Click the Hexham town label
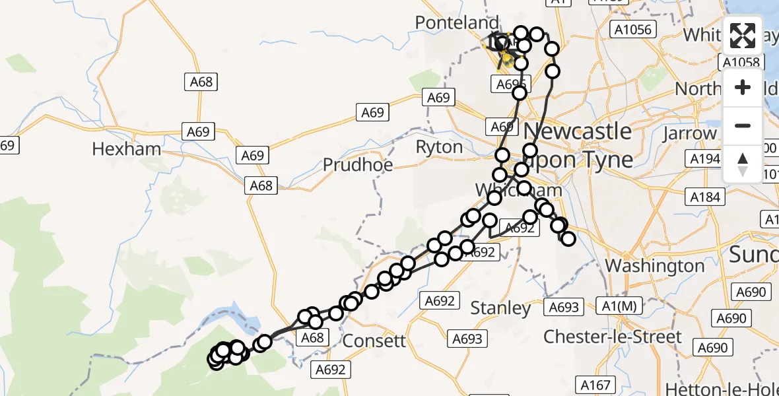[126, 149]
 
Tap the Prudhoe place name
[358, 164]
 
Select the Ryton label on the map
[439, 147]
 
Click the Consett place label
[376, 341]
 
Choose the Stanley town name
[500, 308]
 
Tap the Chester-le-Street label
[612, 337]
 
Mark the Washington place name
[655, 266]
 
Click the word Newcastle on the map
[578, 131]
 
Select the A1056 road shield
[632, 30]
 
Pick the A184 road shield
[705, 197]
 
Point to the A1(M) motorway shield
[619, 306]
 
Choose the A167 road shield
[596, 385]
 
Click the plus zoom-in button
[743, 87]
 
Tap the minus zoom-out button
[743, 125]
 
